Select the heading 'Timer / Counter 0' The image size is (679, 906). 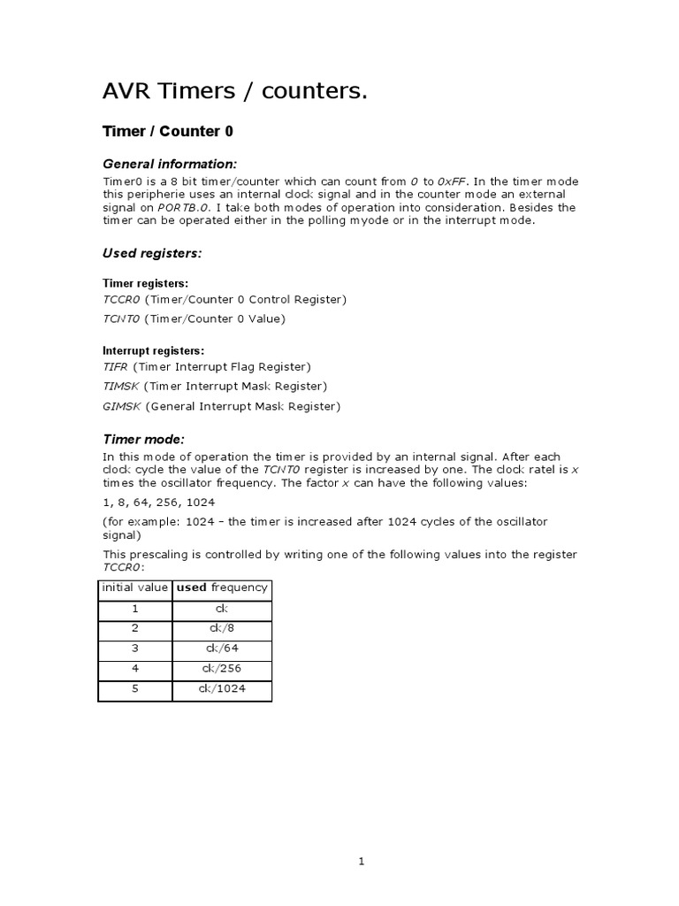point(168,132)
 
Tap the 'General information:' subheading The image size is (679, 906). point(170,164)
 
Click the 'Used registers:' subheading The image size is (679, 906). point(152,253)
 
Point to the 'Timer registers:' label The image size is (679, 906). point(145,283)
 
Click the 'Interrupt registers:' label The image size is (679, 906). point(153,350)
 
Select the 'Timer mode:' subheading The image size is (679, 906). point(143,439)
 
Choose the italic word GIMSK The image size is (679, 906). point(122,407)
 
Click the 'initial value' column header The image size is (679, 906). point(135,587)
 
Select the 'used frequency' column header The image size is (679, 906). point(222,587)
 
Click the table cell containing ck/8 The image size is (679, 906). point(222,628)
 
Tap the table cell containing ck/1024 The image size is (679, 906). point(222,688)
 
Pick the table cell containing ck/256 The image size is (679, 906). point(222,668)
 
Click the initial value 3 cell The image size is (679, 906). point(135,649)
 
